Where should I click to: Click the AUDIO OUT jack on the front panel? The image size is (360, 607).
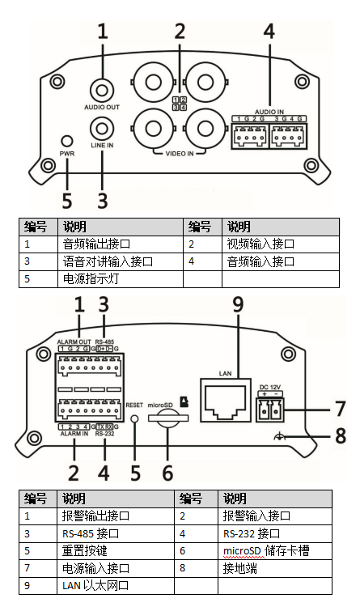coord(102,90)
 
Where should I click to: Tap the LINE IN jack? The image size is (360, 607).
coord(102,128)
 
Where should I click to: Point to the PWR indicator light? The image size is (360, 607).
coord(67,138)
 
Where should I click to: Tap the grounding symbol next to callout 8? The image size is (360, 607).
coord(279,436)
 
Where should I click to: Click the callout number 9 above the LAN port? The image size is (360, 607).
coord(237,306)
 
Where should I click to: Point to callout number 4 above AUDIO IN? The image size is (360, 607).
coord(269,32)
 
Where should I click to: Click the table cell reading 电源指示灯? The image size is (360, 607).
coord(89,279)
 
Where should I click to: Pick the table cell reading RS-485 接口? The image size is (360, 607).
coord(89,533)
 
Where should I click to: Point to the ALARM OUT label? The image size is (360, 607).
coord(73,342)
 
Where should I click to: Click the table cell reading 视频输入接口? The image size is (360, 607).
coord(259,243)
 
